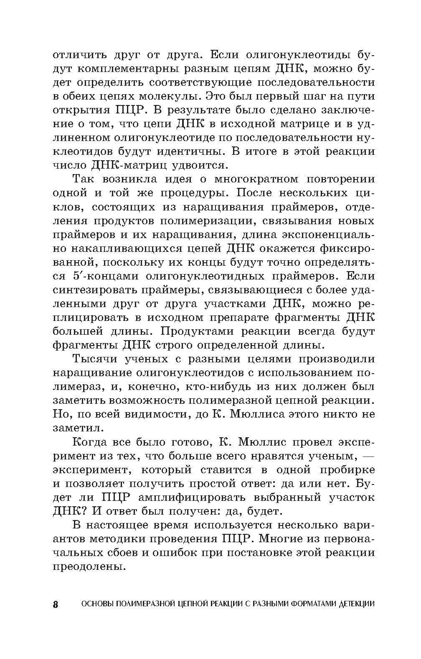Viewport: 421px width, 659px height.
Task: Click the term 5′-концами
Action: [100, 276]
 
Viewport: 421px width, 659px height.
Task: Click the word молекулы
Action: [166, 96]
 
